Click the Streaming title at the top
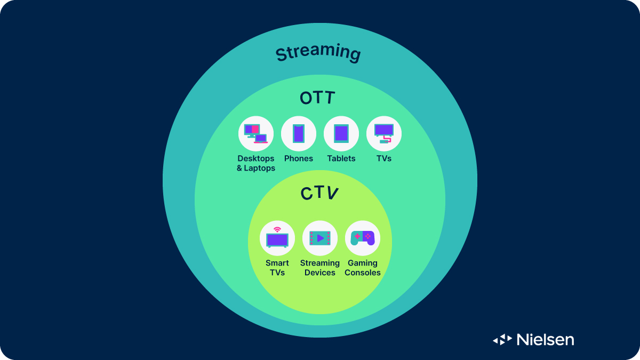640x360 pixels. click(318, 53)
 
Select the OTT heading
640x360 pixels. click(318, 98)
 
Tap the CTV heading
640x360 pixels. click(319, 193)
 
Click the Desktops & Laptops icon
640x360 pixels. click(256, 133)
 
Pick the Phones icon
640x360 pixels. click(299, 133)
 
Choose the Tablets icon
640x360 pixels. click(341, 133)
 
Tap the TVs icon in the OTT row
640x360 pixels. click(384, 133)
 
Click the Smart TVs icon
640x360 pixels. click(277, 238)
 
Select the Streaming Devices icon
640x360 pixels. click(320, 238)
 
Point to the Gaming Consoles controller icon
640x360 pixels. click(363, 238)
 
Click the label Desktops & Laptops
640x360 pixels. click(256, 163)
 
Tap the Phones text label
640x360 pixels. click(299, 158)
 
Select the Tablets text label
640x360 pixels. click(341, 158)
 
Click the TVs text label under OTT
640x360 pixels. click(384, 158)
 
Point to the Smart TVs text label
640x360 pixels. click(277, 268)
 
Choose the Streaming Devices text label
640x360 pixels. click(320, 268)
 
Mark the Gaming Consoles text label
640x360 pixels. click(363, 268)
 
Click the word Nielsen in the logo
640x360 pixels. click(545, 339)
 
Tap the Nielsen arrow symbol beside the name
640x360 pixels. click(502, 339)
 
